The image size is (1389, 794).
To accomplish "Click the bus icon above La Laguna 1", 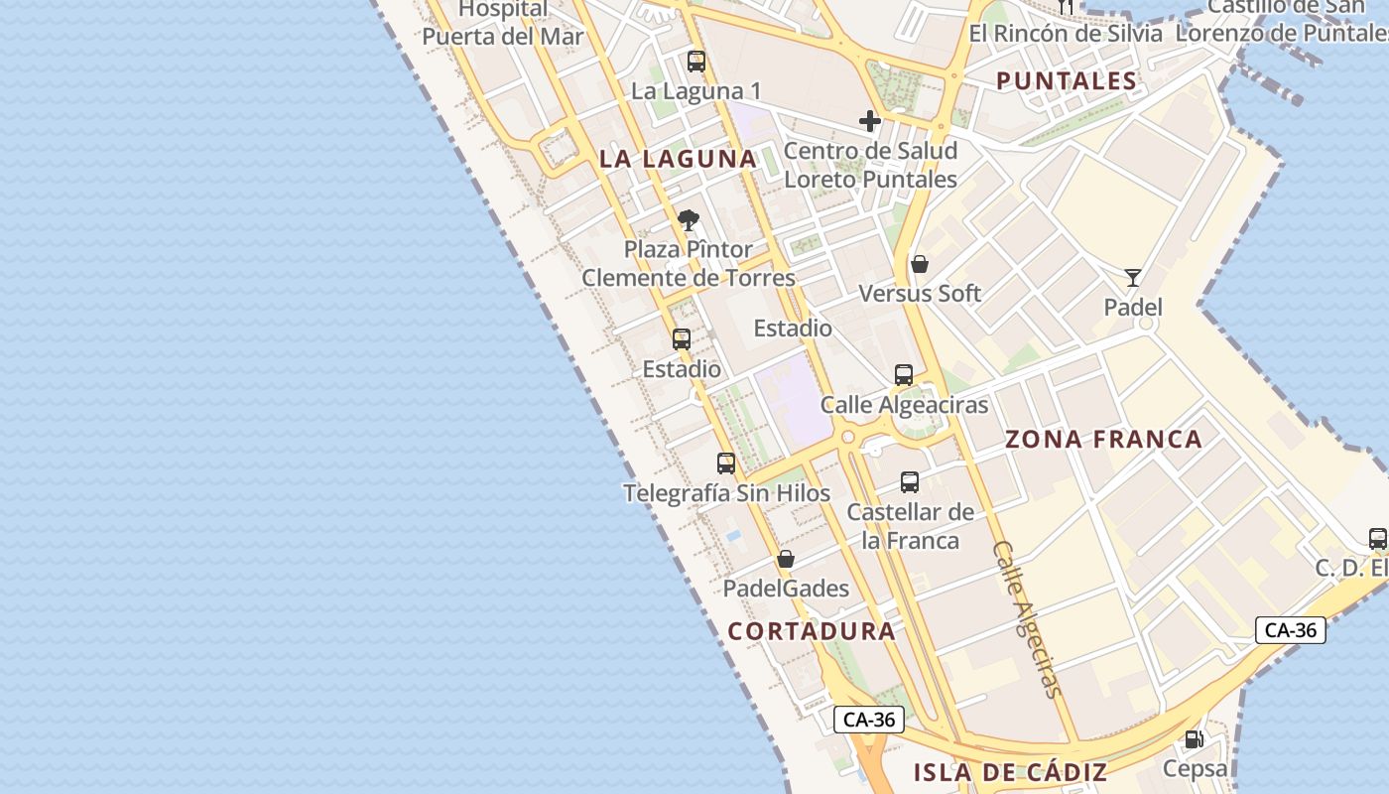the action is pyautogui.click(x=696, y=62).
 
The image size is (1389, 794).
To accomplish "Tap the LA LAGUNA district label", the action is pyautogui.click(x=678, y=159).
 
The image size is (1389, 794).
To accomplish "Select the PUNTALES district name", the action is pyautogui.click(x=1067, y=81).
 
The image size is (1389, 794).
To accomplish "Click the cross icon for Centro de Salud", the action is pyautogui.click(x=870, y=122).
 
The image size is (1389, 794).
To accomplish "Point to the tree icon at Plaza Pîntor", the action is pyautogui.click(x=689, y=220).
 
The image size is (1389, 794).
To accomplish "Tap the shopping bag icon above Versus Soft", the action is pyautogui.click(x=920, y=264).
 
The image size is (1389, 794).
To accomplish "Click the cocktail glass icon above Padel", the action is pyautogui.click(x=1133, y=278).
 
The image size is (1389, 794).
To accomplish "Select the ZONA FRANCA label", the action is pyautogui.click(x=1103, y=439).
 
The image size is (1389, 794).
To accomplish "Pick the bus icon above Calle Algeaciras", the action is pyautogui.click(x=903, y=375).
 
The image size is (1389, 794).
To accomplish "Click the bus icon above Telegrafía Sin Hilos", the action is pyautogui.click(x=726, y=463).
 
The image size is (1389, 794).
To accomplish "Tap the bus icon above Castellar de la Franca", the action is pyautogui.click(x=910, y=482).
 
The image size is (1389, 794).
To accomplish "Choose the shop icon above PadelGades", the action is pyautogui.click(x=786, y=560).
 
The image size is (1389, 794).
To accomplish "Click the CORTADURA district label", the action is pyautogui.click(x=812, y=631).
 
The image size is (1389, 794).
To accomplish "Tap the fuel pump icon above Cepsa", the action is pyautogui.click(x=1195, y=739).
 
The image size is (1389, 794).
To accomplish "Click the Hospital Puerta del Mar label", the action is pyautogui.click(x=503, y=24).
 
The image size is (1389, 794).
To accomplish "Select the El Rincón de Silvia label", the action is pyautogui.click(x=1066, y=34).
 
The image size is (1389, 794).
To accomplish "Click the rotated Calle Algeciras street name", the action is pyautogui.click(x=1027, y=619).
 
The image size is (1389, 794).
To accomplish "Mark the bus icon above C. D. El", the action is pyautogui.click(x=1377, y=539).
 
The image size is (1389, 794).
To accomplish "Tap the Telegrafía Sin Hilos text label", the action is pyautogui.click(x=726, y=493).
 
